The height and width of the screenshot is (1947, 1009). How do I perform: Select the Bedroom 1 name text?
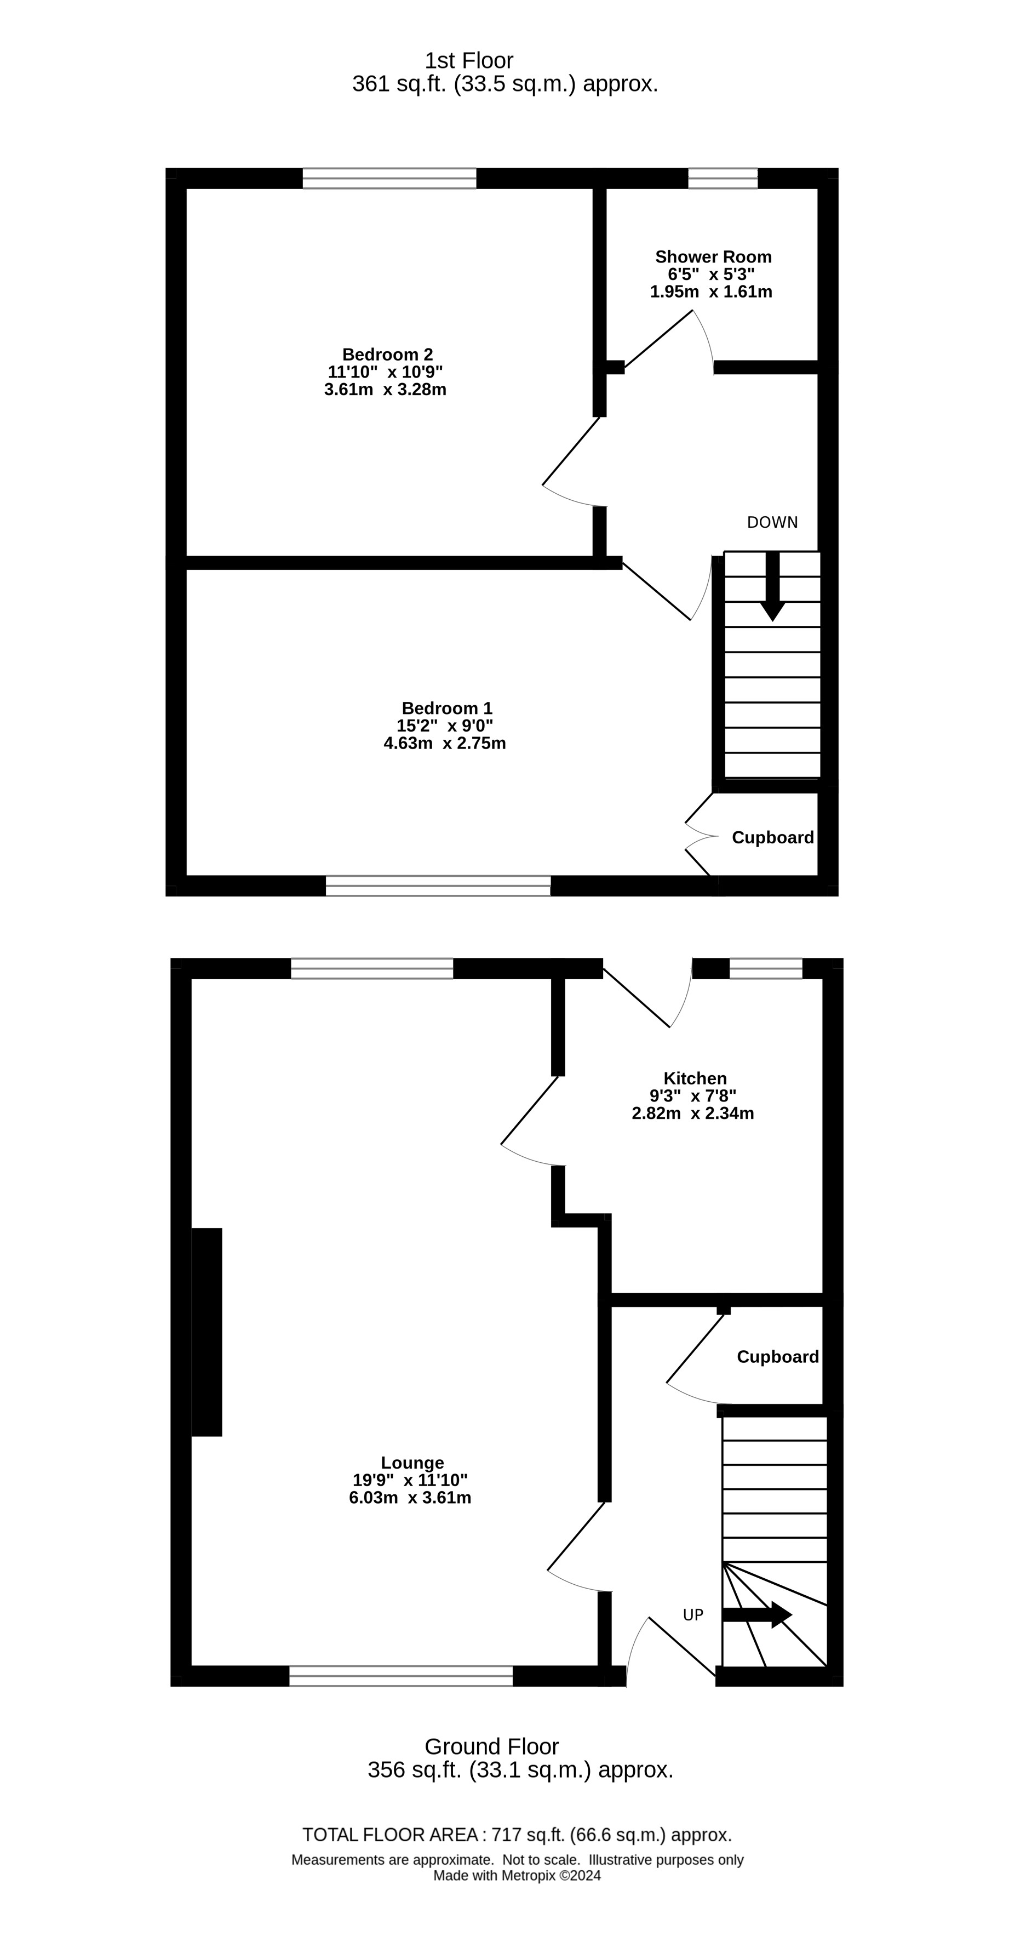[x=446, y=708]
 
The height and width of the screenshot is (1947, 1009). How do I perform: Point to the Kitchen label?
[x=695, y=1078]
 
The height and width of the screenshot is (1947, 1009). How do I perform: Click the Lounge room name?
[x=412, y=1463]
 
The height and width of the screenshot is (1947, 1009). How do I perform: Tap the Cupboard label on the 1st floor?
[x=772, y=837]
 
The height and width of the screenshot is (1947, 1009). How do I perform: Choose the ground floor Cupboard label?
[x=778, y=1357]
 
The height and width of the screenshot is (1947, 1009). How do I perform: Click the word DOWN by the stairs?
[x=772, y=522]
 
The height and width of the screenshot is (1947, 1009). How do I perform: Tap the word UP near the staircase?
[x=693, y=1615]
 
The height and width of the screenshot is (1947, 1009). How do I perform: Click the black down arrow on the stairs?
[x=772, y=586]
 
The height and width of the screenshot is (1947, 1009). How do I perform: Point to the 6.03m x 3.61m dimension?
[x=410, y=1497]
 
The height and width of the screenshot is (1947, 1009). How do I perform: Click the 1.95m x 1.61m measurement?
[x=710, y=292]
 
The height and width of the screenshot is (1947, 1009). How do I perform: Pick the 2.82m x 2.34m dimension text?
[x=692, y=1114]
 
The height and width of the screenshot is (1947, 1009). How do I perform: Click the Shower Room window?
[x=723, y=179]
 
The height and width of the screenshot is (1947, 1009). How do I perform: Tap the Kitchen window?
[x=766, y=968]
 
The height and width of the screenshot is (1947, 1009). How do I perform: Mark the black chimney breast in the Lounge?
[x=207, y=1332]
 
